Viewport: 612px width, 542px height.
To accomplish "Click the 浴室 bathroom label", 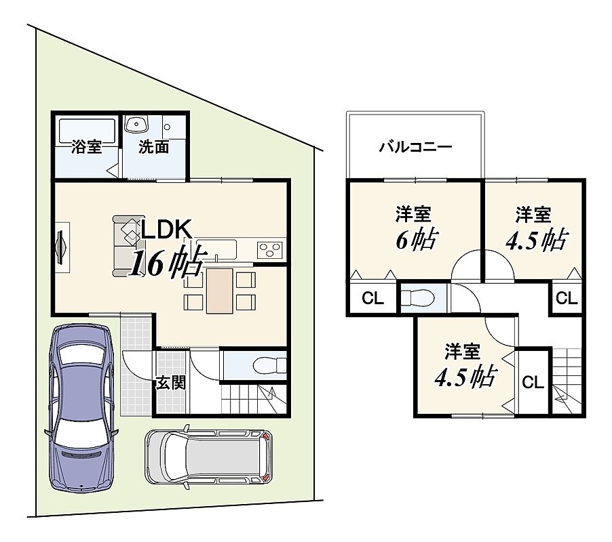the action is coord(87,147).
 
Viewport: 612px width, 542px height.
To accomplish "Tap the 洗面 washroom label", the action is coord(154,147).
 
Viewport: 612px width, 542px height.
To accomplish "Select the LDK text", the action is coord(167,230).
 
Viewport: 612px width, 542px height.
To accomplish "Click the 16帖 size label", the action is coord(167,262).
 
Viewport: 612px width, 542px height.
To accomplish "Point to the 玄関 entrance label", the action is coord(170,383).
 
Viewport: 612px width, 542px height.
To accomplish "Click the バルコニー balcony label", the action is coord(416,147).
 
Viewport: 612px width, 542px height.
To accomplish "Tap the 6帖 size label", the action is coord(417,240).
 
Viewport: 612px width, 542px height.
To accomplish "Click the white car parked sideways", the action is coord(209,456).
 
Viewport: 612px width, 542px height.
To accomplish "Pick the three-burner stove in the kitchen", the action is coord(269,250).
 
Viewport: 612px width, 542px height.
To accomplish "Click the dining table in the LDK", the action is coord(220,291).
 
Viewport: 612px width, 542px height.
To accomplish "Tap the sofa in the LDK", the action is coord(127,246).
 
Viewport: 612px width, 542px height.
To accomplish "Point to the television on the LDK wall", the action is coord(61,247).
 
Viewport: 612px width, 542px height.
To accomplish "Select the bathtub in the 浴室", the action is coord(87,131).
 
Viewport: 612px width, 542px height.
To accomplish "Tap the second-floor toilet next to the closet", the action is coord(418,298).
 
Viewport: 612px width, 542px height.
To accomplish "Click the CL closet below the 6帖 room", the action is coord(372,299).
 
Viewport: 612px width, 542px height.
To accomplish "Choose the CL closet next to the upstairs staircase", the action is coord(533,382).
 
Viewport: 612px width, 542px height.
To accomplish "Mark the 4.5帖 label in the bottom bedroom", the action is coord(465,376).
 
